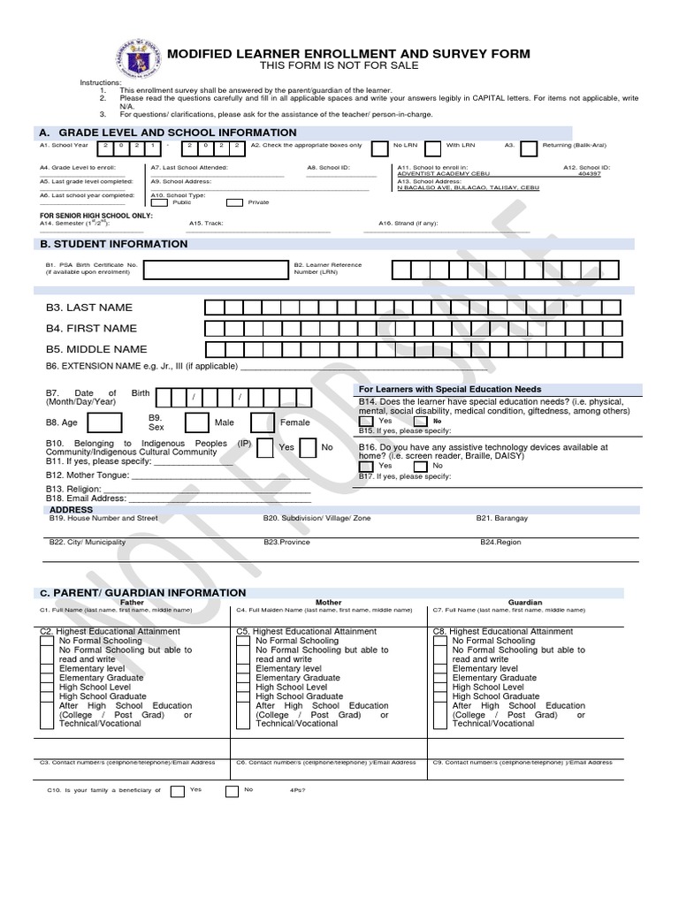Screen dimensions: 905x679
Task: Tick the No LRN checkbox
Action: pyautogui.click(x=379, y=148)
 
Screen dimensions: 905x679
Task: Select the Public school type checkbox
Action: pyautogui.click(x=160, y=202)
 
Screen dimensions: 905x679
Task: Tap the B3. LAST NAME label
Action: pyautogui.click(x=88, y=308)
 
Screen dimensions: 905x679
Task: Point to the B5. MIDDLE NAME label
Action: pyautogui.click(x=96, y=349)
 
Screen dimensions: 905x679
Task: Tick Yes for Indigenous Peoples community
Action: pyautogui.click(x=265, y=447)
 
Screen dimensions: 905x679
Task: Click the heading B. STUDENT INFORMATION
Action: pyautogui.click(x=111, y=244)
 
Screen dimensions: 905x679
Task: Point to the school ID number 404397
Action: pyautogui.click(x=590, y=174)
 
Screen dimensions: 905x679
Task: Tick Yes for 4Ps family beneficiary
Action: pyautogui.click(x=177, y=791)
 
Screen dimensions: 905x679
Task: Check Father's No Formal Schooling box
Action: pyautogui.click(x=47, y=642)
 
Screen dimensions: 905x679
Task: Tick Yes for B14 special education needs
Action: pyautogui.click(x=366, y=422)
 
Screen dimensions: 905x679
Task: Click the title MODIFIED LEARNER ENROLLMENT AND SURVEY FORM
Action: pyautogui.click(x=348, y=54)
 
